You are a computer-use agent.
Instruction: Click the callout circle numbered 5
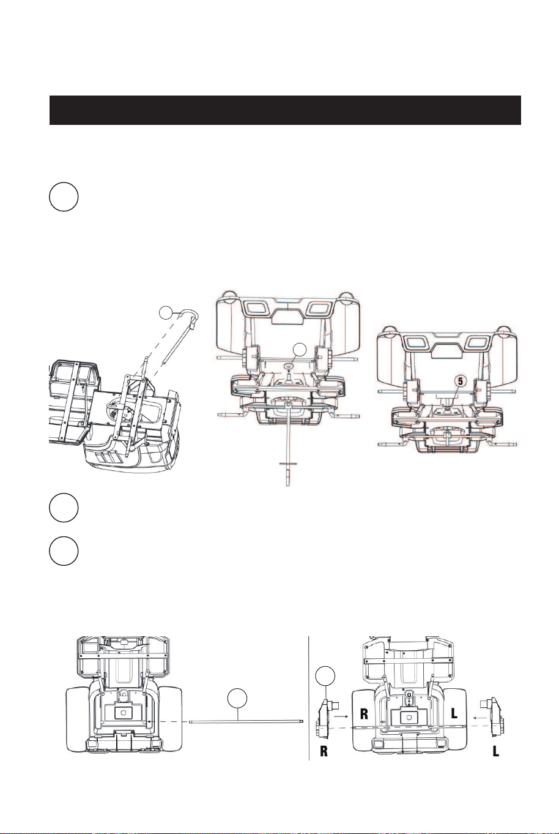[x=461, y=381]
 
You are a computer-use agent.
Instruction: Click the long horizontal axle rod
[x=246, y=721]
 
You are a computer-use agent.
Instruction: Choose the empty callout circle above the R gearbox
[x=325, y=675]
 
